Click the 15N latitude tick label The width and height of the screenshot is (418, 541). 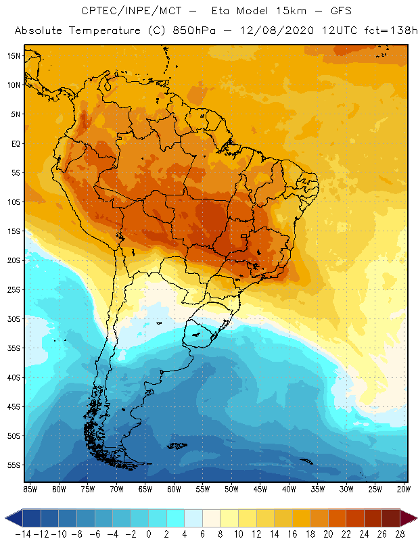14,55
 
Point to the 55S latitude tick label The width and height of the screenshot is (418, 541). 14,465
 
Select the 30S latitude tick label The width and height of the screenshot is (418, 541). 14,319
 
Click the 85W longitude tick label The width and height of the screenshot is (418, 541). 30,488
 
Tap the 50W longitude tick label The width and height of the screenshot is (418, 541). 232,488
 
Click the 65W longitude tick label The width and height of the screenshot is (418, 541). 145,488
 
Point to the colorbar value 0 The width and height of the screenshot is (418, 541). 148,534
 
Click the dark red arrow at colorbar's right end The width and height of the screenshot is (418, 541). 408,518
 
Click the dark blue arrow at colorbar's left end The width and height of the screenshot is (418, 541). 13,518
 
